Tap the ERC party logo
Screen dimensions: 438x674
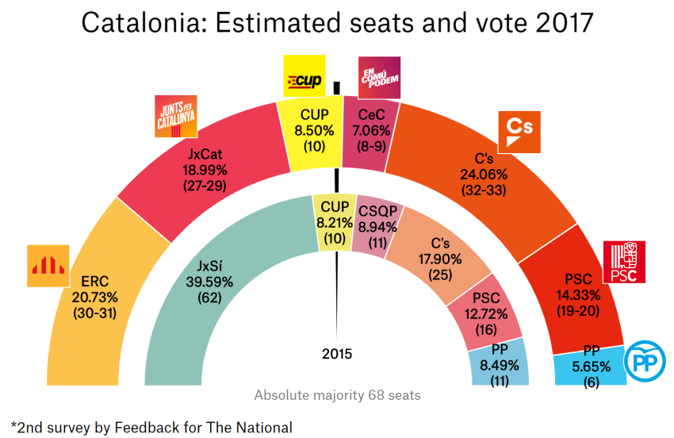pyautogui.click(x=49, y=265)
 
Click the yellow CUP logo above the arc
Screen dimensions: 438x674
pyautogui.click(x=304, y=77)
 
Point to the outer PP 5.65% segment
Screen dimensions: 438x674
pyautogui.click(x=591, y=366)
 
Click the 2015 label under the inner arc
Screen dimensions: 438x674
pyautogui.click(x=337, y=354)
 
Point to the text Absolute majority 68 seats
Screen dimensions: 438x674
pyautogui.click(x=337, y=395)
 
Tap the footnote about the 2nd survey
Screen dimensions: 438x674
pyautogui.click(x=151, y=426)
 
